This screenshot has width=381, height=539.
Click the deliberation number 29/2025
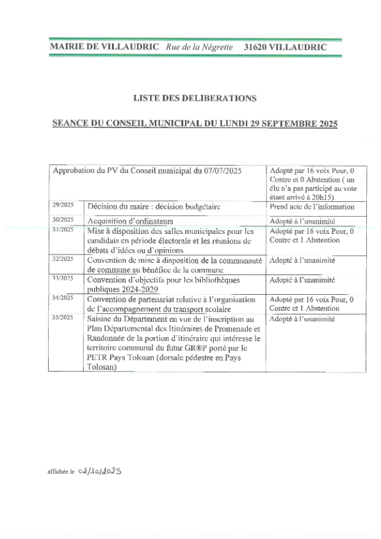[x=63, y=205]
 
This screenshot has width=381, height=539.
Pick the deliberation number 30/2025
[x=63, y=219]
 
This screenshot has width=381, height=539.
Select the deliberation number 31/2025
[x=63, y=229]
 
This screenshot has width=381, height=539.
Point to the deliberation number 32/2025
[x=63, y=259]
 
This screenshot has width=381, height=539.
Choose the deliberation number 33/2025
[x=63, y=278]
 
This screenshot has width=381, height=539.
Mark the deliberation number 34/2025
[x=63, y=298]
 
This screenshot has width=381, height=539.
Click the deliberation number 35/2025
[x=63, y=317]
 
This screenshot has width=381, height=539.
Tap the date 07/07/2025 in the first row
[x=220, y=171]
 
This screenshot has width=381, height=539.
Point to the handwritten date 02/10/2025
[x=99, y=470]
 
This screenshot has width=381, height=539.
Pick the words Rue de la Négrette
[x=199, y=47]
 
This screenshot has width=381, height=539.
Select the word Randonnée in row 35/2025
[x=110, y=338]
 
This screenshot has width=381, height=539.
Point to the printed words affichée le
[x=61, y=471]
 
